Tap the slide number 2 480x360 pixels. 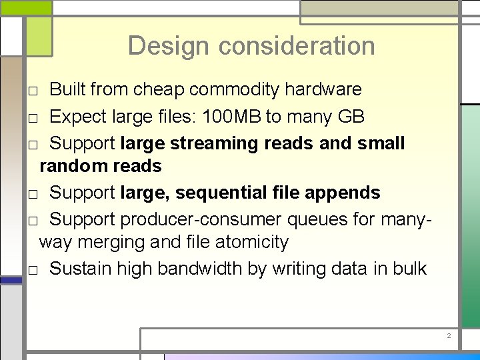click(x=449, y=336)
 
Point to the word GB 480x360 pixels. click(x=351, y=117)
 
